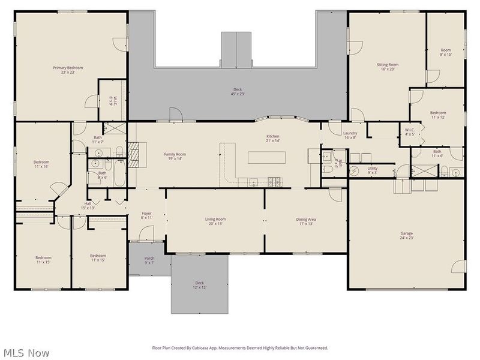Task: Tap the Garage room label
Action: click(406, 236)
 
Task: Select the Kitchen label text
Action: click(273, 139)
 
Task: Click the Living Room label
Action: click(215, 221)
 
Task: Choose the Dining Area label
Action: click(305, 221)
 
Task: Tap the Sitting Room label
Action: click(388, 67)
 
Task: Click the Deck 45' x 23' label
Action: click(238, 92)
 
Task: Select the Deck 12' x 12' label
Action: click(199, 285)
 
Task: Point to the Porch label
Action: click(149, 260)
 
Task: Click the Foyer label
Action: click(146, 215)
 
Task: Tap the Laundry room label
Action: click(350, 135)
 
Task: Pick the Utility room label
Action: click(373, 170)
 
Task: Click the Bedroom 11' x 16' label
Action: click(41, 164)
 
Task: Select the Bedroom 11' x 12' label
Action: click(437, 115)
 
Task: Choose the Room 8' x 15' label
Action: click(445, 52)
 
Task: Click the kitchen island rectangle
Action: click(268, 157)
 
